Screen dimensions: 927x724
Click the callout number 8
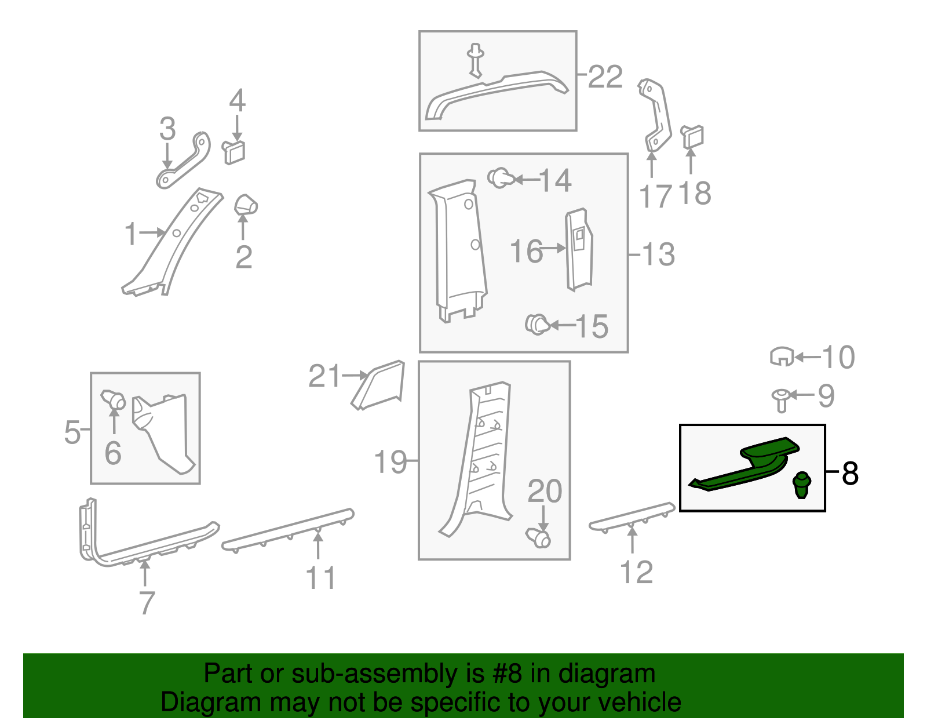[850, 473]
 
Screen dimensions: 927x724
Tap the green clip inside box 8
[802, 485]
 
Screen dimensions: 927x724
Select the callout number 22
[605, 77]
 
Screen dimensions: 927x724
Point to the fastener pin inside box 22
[475, 61]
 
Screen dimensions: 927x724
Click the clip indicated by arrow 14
[501, 178]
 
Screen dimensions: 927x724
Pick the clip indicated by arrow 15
[538, 325]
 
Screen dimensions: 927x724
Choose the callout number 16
[527, 251]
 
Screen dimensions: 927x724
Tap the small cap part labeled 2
[246, 205]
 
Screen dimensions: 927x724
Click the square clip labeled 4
[233, 152]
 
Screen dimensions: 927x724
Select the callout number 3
[167, 129]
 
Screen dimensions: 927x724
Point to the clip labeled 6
[114, 399]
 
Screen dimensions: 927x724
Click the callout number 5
[72, 432]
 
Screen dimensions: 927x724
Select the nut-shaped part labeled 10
[782, 356]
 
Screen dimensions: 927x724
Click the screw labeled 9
[781, 401]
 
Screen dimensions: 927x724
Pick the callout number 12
[636, 573]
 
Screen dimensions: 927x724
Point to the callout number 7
[147, 603]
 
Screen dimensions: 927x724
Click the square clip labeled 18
[692, 137]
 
